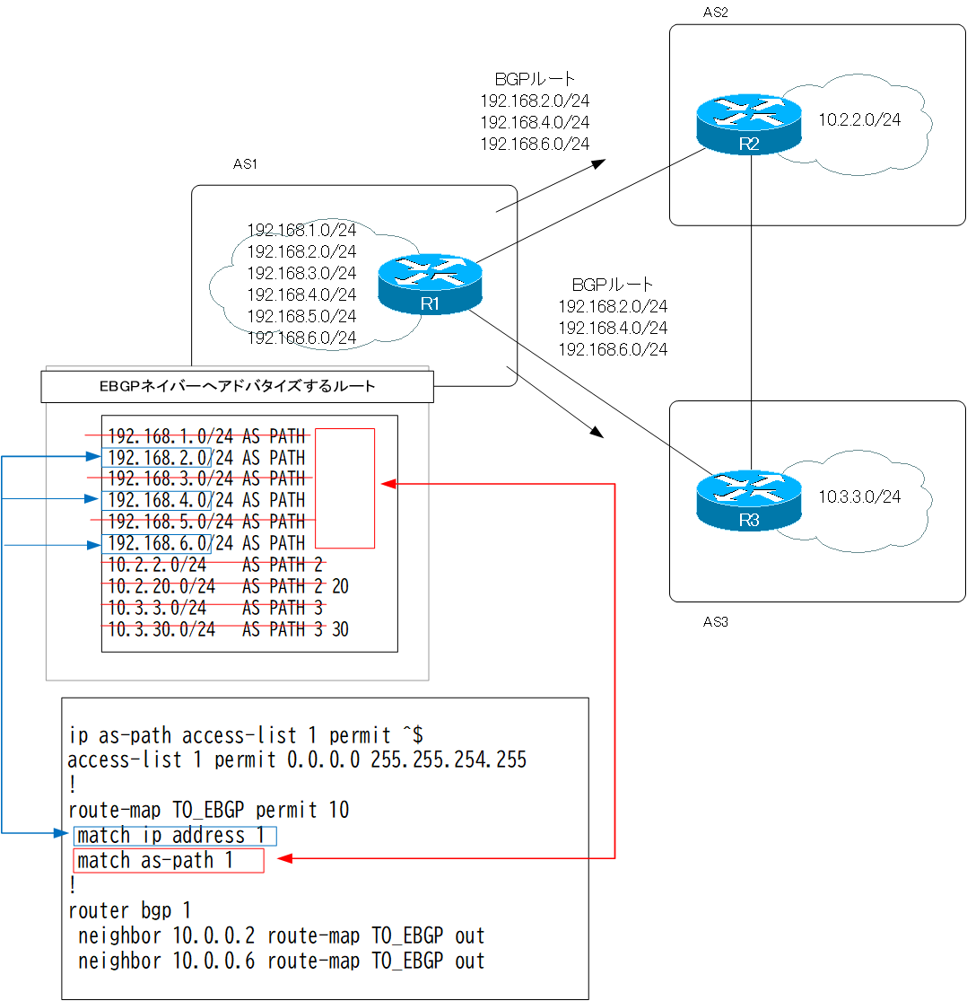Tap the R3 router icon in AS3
point(748,499)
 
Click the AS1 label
point(246,165)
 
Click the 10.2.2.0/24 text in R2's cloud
point(858,119)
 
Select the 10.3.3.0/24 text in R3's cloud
point(858,496)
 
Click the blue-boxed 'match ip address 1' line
point(175,836)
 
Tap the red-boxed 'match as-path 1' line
point(169,861)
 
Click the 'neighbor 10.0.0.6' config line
point(281,961)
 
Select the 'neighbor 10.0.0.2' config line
point(281,935)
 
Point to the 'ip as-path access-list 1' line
point(240,736)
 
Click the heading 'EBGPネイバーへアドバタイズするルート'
point(237,387)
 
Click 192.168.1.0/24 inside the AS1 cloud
point(301,230)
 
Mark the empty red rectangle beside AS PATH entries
point(344,487)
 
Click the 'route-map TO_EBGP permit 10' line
point(208,810)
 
